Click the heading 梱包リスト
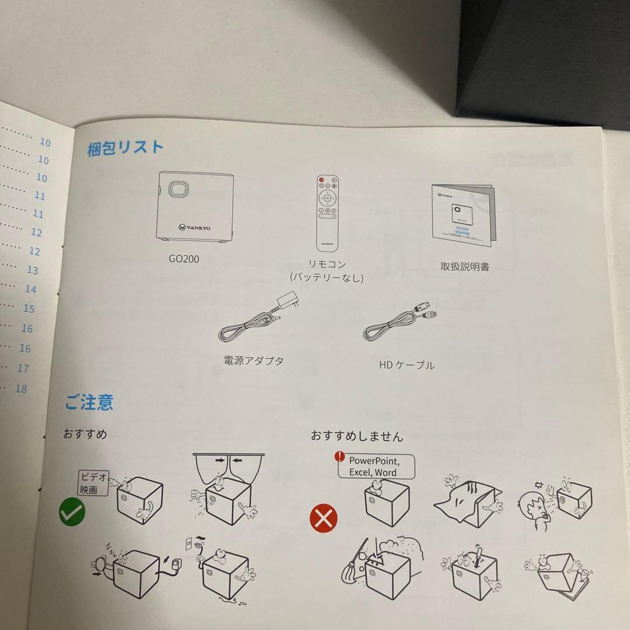pyautogui.click(x=125, y=148)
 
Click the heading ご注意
pyautogui.click(x=89, y=402)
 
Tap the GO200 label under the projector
pyautogui.click(x=183, y=258)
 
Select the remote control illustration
pyautogui.click(x=327, y=209)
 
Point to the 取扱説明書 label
pyautogui.click(x=464, y=267)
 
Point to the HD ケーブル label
pyautogui.click(x=406, y=366)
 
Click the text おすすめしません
pyautogui.click(x=356, y=436)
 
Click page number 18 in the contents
pyautogui.click(x=21, y=388)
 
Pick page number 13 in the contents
pyautogui.click(x=32, y=270)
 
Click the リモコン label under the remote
pyautogui.click(x=326, y=264)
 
